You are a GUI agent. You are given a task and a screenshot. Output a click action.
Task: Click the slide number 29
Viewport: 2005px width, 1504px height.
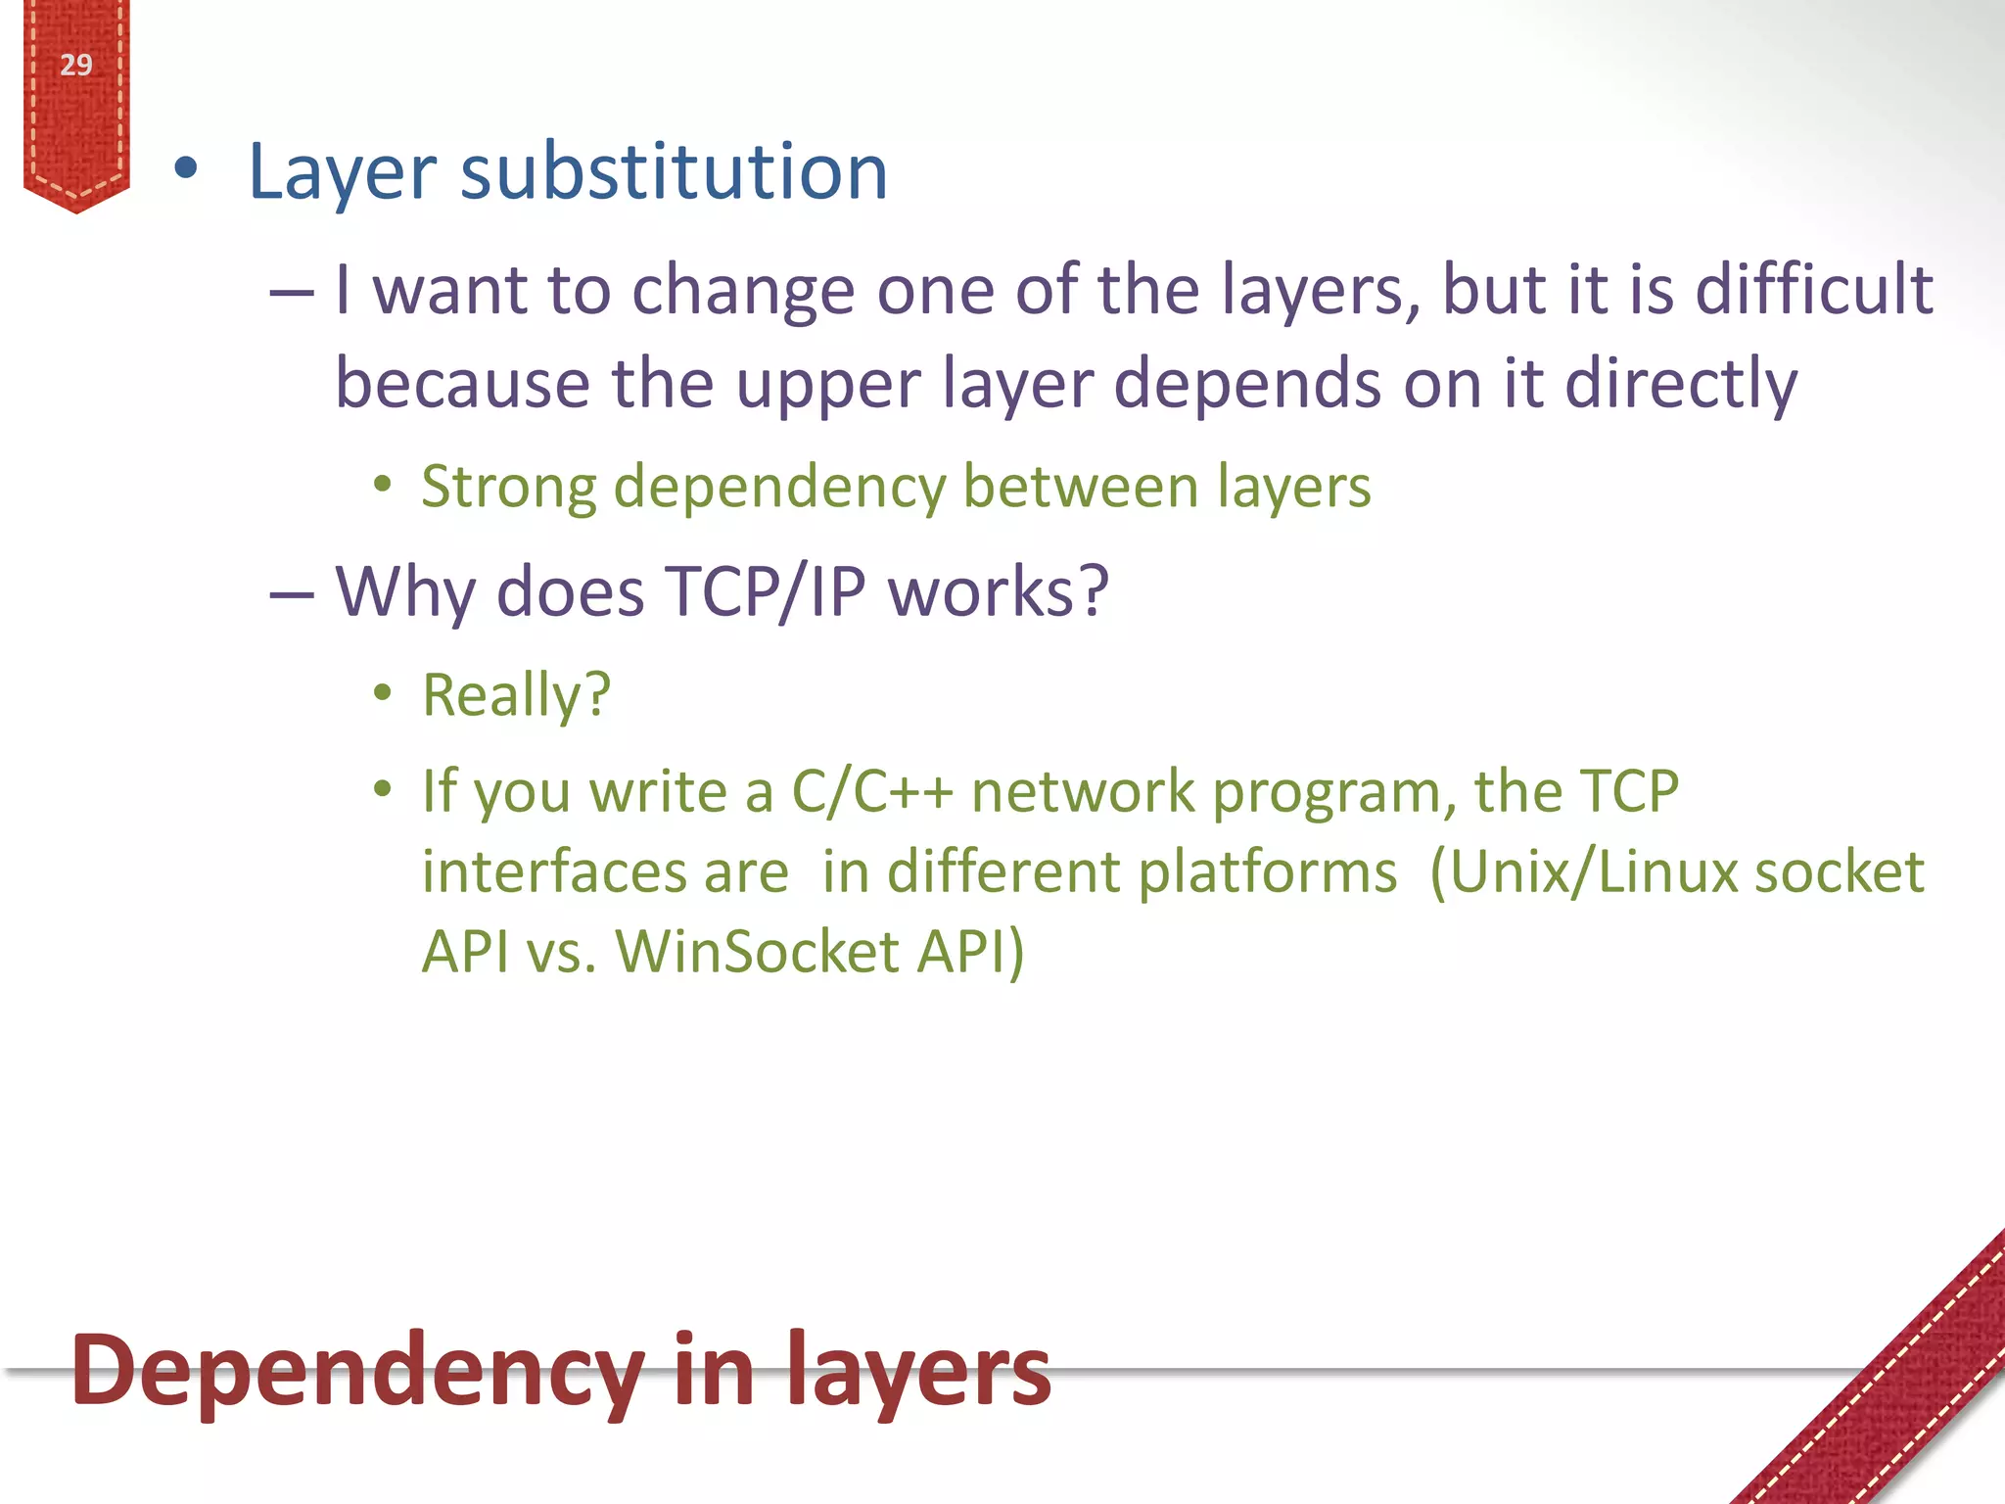coord(75,66)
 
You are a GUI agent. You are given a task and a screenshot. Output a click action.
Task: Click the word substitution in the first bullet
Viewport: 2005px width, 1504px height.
coord(674,171)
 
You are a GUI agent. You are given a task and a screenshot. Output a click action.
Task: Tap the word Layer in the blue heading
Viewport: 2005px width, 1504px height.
coord(342,173)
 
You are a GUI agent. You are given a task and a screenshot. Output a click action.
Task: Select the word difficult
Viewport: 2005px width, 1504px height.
coord(1813,290)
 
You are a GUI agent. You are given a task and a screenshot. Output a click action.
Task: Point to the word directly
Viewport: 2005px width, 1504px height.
coord(1680,384)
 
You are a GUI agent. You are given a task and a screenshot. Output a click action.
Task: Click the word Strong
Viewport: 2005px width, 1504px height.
coord(508,487)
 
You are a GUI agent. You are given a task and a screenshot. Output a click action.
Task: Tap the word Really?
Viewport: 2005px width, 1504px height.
coord(516,695)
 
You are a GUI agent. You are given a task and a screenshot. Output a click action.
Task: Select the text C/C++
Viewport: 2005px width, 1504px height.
coord(871,791)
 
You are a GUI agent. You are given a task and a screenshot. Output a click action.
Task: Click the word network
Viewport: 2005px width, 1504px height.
coord(1083,791)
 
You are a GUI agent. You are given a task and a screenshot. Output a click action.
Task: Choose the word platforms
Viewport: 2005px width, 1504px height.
coord(1268,871)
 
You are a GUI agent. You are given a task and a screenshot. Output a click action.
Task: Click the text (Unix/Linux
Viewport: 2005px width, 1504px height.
coord(1581,871)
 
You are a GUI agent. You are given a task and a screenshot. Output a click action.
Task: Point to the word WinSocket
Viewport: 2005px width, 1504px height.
coord(757,952)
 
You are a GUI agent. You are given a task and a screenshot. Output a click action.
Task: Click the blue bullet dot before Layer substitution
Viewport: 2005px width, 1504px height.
coord(185,169)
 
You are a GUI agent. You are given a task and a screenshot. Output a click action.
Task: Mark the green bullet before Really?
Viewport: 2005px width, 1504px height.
coord(383,692)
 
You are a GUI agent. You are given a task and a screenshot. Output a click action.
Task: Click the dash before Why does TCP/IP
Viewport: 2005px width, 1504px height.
coord(292,593)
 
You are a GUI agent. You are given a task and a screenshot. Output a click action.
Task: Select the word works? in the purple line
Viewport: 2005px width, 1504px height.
coord(998,591)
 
